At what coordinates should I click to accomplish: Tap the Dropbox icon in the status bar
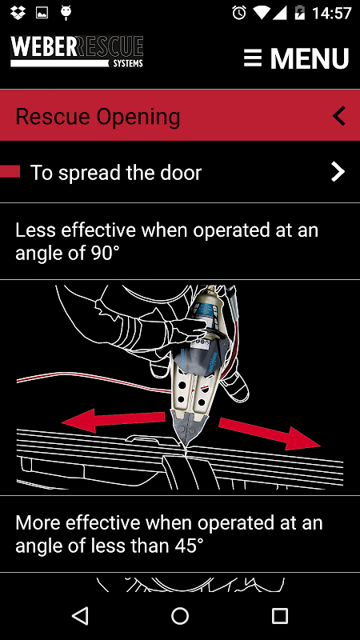click(18, 13)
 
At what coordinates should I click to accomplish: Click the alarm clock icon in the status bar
click(239, 13)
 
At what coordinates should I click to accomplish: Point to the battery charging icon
click(300, 13)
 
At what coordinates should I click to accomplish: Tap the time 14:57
click(331, 13)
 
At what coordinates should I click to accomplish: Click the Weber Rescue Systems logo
click(77, 51)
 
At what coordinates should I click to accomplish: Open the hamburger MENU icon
click(253, 58)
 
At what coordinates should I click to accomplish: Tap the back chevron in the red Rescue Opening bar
click(339, 115)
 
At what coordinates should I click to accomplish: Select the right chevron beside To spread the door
click(338, 172)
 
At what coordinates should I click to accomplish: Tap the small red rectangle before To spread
click(10, 171)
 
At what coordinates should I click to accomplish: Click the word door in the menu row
click(181, 173)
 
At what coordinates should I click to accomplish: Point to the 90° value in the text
click(104, 254)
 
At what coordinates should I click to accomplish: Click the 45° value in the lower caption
click(187, 546)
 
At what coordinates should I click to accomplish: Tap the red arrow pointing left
click(114, 420)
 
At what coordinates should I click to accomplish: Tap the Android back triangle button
click(80, 615)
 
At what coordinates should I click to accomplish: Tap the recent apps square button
click(280, 615)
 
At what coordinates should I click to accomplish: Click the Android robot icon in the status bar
click(66, 12)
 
